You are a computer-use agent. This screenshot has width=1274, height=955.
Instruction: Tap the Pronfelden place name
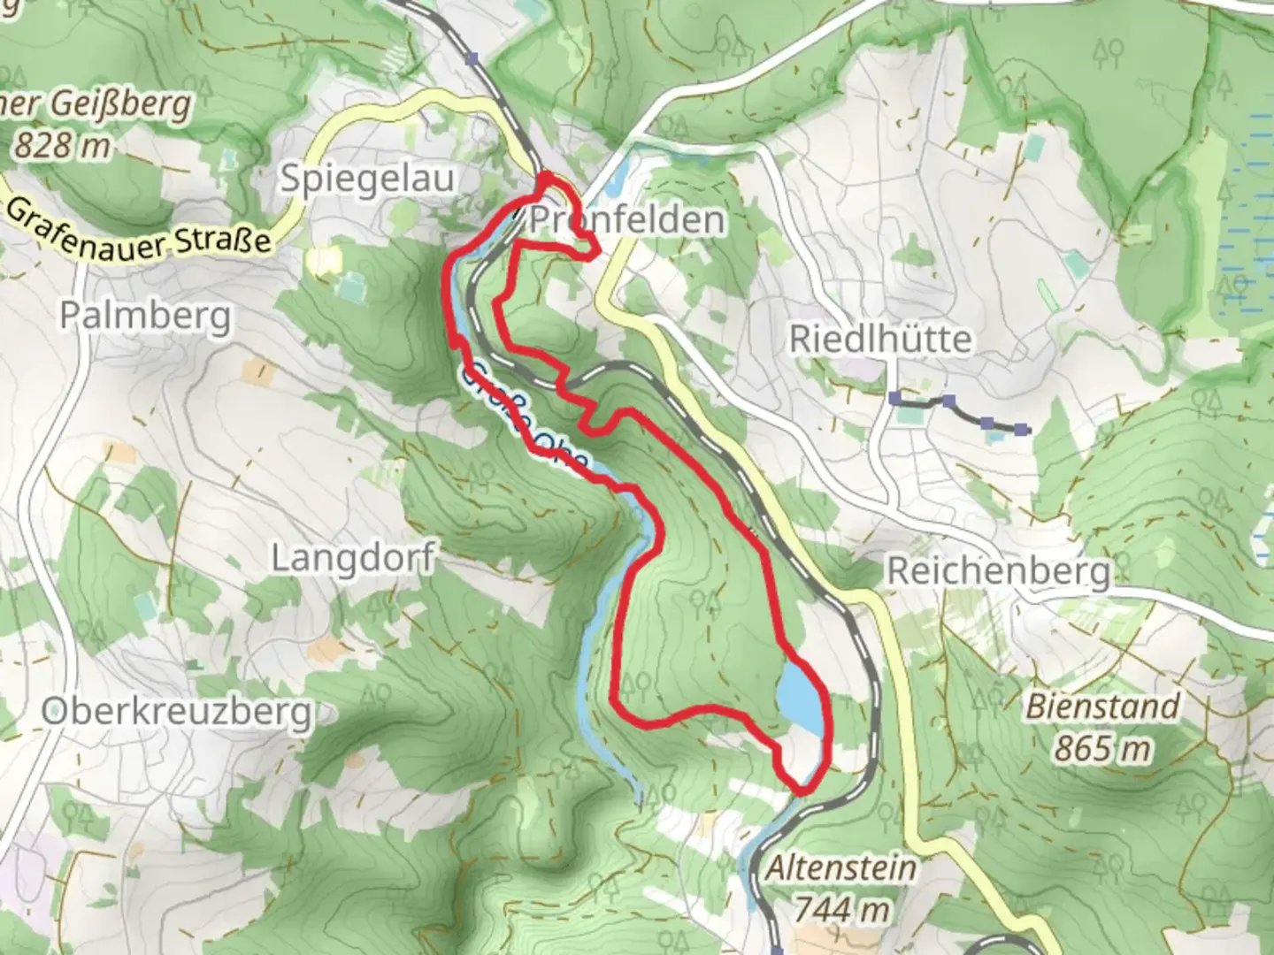click(x=626, y=219)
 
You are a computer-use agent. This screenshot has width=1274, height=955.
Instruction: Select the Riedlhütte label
click(x=880, y=339)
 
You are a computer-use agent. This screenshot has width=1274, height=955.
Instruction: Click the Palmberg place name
click(x=146, y=315)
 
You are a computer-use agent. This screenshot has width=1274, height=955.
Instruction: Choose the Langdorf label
click(x=352, y=558)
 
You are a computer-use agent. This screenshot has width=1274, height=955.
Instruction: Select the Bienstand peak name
click(x=1102, y=707)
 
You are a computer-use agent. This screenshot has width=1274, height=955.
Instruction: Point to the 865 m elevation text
click(x=1102, y=748)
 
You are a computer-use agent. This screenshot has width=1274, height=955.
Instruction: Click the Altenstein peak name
click(x=840, y=867)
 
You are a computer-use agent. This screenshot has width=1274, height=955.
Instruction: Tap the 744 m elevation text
click(x=840, y=908)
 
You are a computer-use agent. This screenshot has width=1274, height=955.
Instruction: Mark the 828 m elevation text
click(x=62, y=145)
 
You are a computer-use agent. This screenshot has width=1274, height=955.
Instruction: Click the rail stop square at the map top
click(x=472, y=58)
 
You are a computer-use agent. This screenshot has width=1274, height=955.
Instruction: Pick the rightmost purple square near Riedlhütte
click(x=1022, y=430)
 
